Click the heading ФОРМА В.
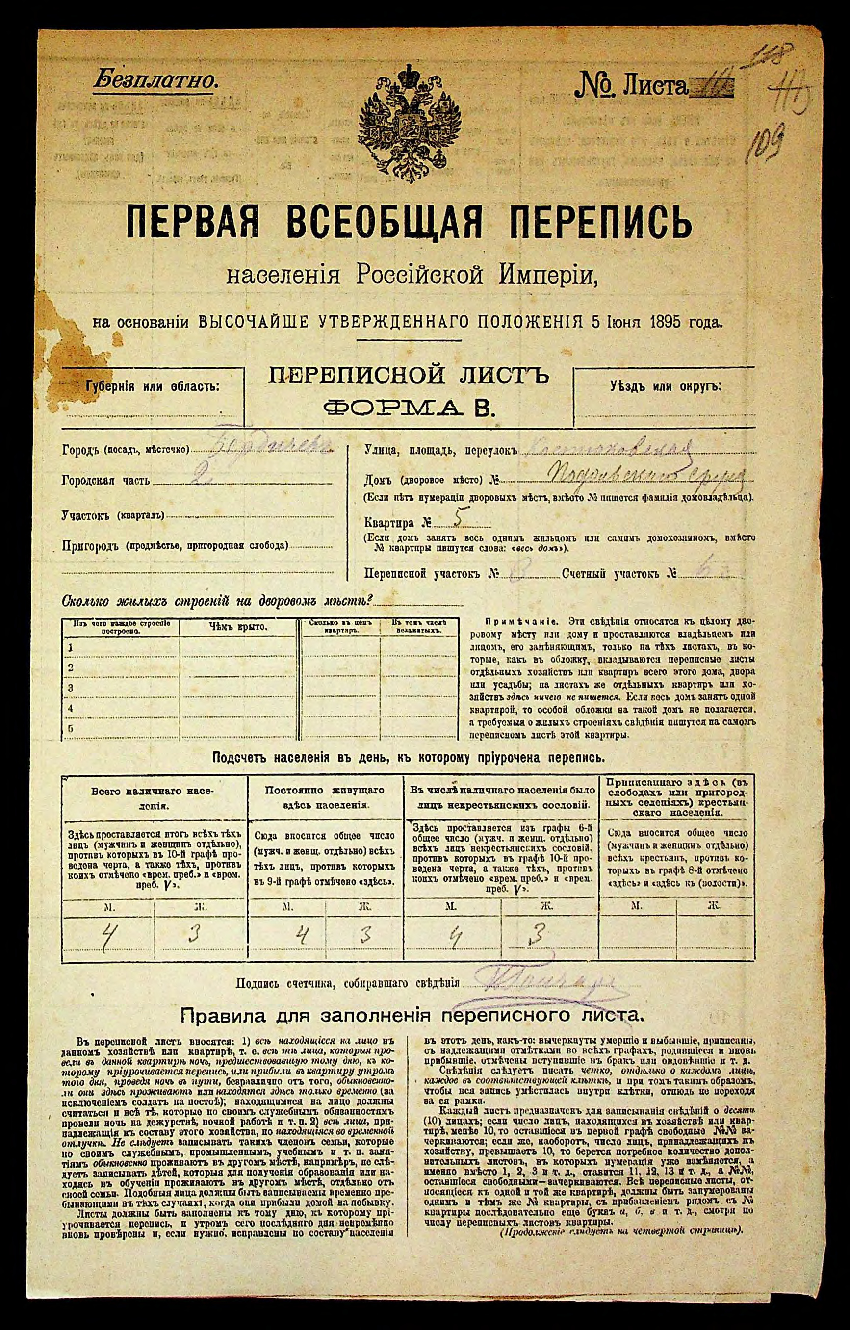[x=409, y=408]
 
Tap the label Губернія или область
[x=153, y=386]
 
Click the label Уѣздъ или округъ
[x=666, y=386]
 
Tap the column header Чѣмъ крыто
[x=238, y=626]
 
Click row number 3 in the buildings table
[x=70, y=688]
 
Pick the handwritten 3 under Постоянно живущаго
[x=365, y=934]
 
